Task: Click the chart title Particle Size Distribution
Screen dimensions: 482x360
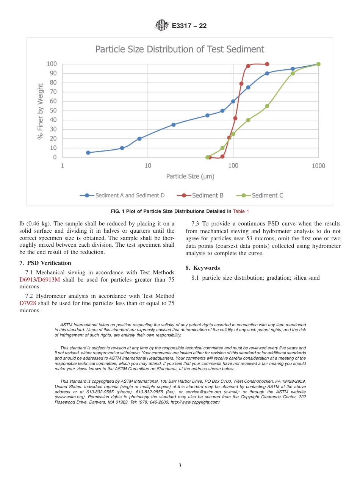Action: pos(180,49)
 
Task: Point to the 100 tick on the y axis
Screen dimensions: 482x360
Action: pos(52,64)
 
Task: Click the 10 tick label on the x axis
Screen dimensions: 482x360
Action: pos(147,166)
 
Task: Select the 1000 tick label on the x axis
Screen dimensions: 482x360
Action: pos(318,166)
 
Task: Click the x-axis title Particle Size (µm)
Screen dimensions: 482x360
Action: pos(190,176)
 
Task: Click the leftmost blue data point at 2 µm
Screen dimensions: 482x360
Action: pos(88,153)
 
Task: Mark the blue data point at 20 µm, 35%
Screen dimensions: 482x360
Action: pos(174,125)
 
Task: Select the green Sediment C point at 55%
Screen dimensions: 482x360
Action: pos(267,106)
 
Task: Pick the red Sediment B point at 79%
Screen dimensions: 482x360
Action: pos(241,84)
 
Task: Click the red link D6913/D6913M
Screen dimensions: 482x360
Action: pos(39,280)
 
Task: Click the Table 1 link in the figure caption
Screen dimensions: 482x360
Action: pos(241,211)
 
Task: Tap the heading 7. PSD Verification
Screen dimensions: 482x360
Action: pos(45,263)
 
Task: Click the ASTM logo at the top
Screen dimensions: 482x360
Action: pos(162,26)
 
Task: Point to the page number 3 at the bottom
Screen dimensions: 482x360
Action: pos(180,465)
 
